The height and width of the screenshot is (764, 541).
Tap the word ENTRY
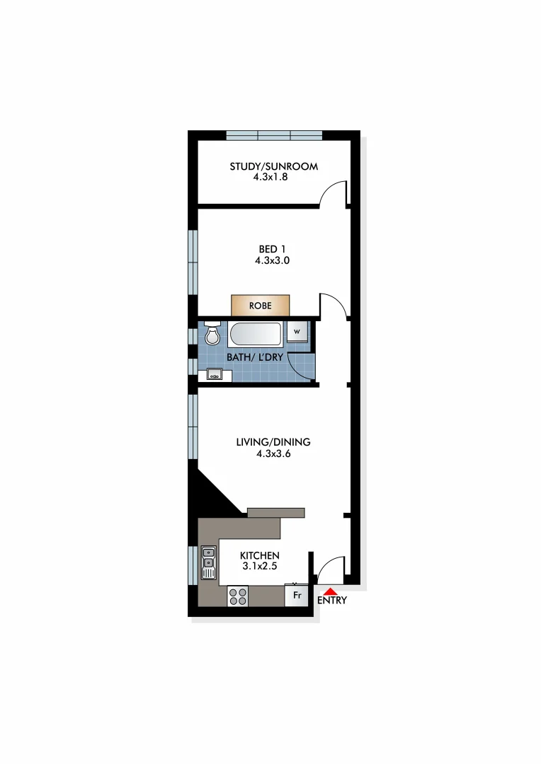pos(332,601)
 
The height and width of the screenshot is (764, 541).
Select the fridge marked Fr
pos(297,595)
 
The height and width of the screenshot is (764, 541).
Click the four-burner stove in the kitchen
pos(238,597)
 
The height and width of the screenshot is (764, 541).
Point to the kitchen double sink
pos(209,562)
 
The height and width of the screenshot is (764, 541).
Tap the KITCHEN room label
pos(259,556)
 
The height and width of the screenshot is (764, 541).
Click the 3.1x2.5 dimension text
pos(259,567)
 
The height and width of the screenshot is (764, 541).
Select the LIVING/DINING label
pos(273,443)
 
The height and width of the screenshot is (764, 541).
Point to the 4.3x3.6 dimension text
pos(273,454)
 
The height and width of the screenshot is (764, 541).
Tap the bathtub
pos(258,334)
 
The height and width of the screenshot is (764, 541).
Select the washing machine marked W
pos(297,331)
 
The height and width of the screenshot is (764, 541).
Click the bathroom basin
pos(215,374)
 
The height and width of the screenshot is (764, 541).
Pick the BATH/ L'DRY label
pos(255,357)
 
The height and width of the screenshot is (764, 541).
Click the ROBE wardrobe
pos(260,306)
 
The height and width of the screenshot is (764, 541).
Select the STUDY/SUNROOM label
pos(273,167)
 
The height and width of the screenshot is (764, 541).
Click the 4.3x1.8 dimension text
pos(270,178)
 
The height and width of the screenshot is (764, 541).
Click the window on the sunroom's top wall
pos(274,136)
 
